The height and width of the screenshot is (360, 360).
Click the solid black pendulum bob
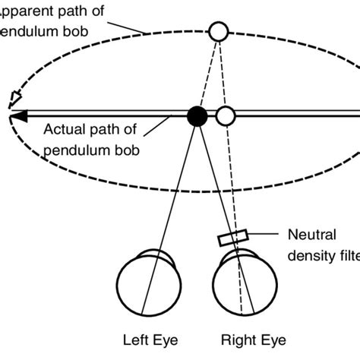(x=197, y=115)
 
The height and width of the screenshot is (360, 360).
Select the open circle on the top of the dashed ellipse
(x=218, y=31)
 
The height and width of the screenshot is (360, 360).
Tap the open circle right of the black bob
(x=225, y=115)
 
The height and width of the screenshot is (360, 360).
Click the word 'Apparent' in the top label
(x=30, y=11)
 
